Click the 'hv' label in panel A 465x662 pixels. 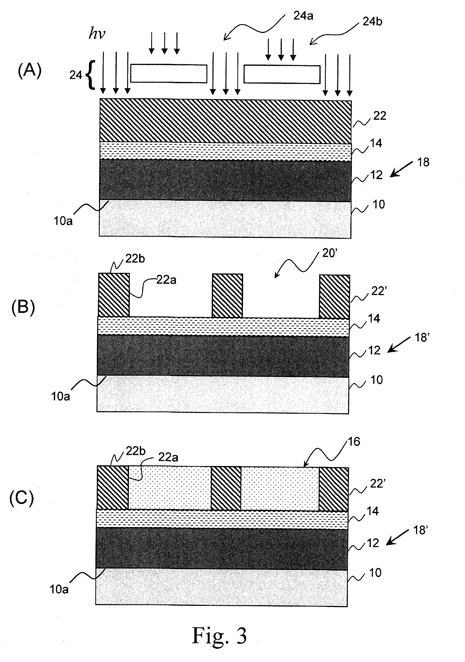pos(97,34)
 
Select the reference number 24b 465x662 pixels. pos(372,22)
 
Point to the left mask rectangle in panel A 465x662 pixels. pos(169,74)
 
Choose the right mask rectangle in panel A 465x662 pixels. pos(282,75)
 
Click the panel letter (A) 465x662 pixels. pos(30,71)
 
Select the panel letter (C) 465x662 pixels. pos(22,498)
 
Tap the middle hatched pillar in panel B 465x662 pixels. pos(227,296)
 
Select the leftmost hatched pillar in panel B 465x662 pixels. pos(114,295)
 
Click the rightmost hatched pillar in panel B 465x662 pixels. pos(334,297)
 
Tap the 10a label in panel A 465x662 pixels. pos(63,221)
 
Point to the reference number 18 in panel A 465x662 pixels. pos(423,162)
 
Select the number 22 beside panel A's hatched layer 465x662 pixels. pos(380,116)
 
